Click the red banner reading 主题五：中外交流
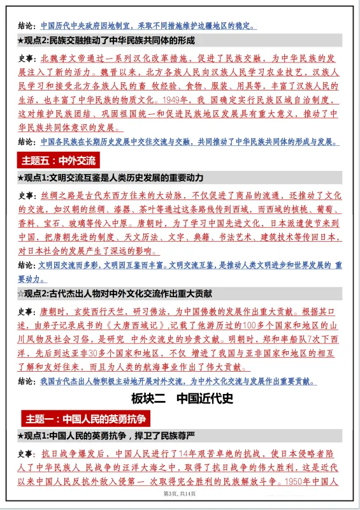pyautogui.click(x=59, y=160)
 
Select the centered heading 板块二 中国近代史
pyautogui.click(x=180, y=399)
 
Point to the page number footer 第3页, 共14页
pyautogui.click(x=180, y=494)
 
